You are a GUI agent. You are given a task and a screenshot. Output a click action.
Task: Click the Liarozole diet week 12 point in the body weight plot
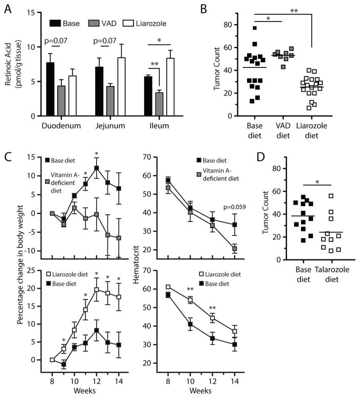(x=96, y=290)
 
